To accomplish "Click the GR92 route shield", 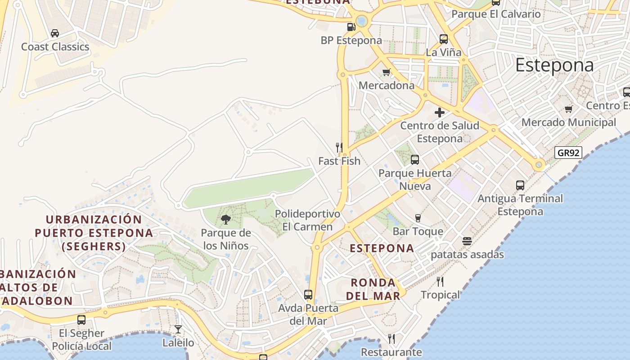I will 568,153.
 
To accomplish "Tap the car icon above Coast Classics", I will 55,33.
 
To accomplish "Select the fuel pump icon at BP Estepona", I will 351,27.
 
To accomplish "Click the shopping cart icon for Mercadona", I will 386,72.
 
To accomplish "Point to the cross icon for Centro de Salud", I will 440,112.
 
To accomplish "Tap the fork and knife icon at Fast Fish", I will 339,147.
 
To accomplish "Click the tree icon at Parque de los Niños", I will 225,220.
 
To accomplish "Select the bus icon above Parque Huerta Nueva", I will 415,159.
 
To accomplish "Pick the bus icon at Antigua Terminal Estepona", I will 520,185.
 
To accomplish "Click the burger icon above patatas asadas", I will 467,241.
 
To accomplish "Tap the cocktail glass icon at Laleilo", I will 178,329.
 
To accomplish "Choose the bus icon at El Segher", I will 81,320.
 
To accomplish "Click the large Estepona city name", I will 554,65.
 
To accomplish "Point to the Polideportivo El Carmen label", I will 307,220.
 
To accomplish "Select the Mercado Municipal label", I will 569,122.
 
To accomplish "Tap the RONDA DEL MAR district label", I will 373,289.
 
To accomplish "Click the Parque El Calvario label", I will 496,14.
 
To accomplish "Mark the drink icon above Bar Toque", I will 418,218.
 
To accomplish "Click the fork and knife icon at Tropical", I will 440,282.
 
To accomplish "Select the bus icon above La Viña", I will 444,39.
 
